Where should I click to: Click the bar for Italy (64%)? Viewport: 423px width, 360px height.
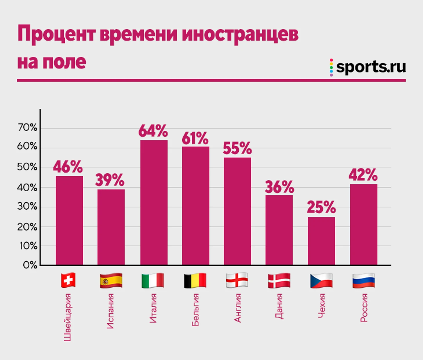(x=154, y=203)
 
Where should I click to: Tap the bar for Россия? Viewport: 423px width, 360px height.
(x=364, y=224)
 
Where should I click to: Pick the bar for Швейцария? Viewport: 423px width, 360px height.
(x=69, y=220)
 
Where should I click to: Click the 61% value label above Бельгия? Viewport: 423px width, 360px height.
(x=195, y=139)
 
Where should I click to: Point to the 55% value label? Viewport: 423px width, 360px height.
(x=237, y=148)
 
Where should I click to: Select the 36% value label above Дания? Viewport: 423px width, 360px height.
(x=279, y=187)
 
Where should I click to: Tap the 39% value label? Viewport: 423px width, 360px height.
(x=110, y=180)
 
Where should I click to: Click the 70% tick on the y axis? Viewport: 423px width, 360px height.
(x=28, y=127)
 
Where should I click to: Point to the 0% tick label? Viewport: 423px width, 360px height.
(x=30, y=265)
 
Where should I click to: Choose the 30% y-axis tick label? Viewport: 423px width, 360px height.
(x=28, y=206)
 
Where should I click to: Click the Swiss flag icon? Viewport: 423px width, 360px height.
(x=68, y=280)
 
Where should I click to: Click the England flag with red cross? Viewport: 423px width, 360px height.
(x=237, y=280)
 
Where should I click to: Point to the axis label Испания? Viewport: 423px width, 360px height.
(x=110, y=311)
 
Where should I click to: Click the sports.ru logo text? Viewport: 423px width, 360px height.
(x=371, y=67)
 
